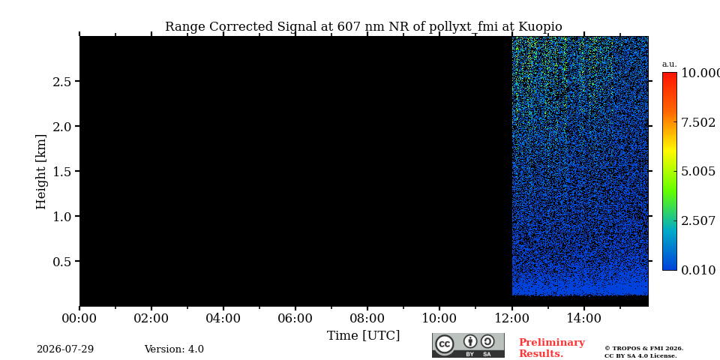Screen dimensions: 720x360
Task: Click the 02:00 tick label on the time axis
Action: coord(151,318)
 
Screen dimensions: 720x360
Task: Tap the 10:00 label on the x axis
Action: coord(439,318)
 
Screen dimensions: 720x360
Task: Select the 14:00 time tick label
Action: coord(583,318)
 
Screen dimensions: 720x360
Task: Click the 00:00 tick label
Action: coord(79,318)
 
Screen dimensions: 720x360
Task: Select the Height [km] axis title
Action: coord(41,172)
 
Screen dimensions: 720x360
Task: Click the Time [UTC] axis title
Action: coord(363,336)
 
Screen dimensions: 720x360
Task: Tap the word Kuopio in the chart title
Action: coord(539,27)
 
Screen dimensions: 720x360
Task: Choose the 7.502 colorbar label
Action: coord(698,122)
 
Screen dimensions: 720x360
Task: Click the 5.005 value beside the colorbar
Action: coord(698,172)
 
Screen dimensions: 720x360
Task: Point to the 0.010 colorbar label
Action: coord(698,270)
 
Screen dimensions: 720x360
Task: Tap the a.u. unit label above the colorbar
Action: coord(670,64)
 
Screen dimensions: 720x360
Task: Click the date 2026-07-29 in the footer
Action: coord(65,349)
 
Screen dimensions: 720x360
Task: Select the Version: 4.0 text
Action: coord(174,349)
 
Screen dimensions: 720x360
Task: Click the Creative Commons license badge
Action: coord(468,345)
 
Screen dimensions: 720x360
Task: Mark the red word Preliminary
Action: coord(552,343)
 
